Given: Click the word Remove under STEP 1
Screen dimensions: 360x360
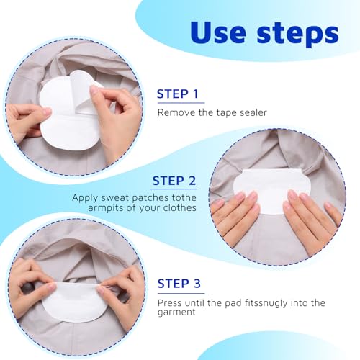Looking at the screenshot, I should (x=177, y=112).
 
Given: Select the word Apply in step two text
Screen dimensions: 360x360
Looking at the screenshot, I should (x=84, y=197).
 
